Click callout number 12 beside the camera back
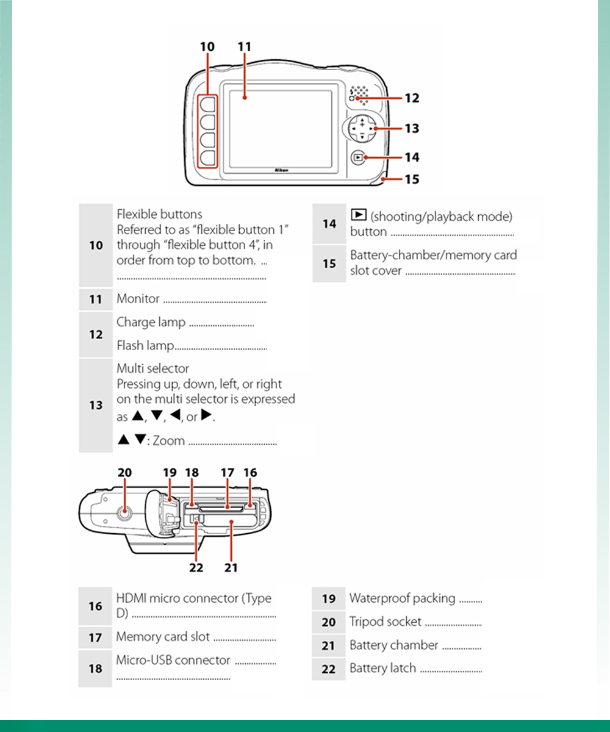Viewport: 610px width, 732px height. (x=412, y=98)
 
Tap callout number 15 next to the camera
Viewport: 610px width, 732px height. (x=412, y=179)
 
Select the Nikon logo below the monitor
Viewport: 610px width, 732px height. (x=281, y=171)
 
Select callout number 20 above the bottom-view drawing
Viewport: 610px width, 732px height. (x=124, y=472)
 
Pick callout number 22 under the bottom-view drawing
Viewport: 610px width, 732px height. (x=196, y=567)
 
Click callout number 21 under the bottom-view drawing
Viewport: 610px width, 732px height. (x=231, y=567)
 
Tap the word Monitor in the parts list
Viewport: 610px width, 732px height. (x=138, y=299)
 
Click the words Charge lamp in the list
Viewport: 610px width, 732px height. (x=151, y=322)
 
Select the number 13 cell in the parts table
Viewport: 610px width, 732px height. (x=96, y=405)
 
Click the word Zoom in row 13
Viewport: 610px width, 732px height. (x=168, y=440)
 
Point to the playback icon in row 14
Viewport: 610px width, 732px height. (x=359, y=215)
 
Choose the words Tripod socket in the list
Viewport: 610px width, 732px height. (x=385, y=622)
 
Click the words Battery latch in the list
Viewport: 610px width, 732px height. (x=382, y=668)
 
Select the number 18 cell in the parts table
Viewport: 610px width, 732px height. (x=95, y=669)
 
